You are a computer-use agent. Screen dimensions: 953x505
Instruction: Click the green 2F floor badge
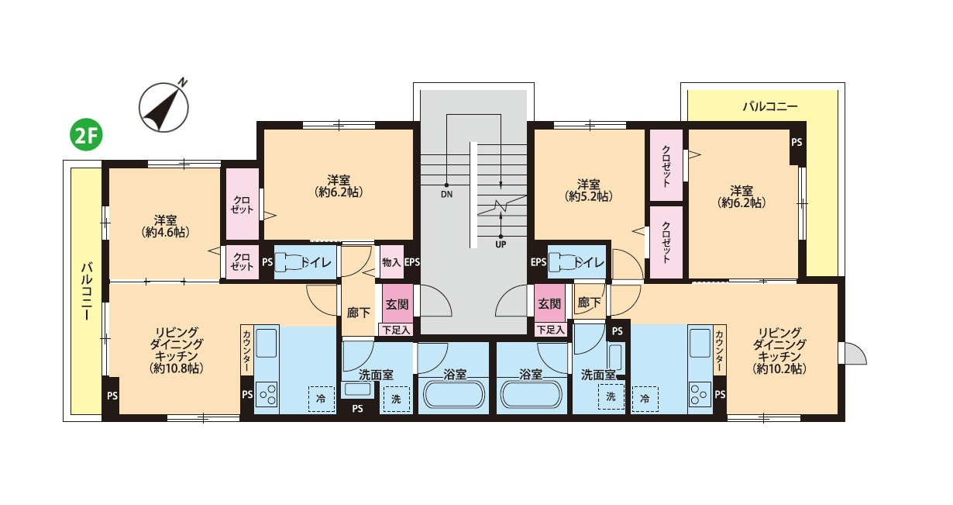[x=86, y=136]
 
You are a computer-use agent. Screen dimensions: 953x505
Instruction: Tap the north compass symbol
[x=163, y=106]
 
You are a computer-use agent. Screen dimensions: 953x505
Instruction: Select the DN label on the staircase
[x=447, y=195]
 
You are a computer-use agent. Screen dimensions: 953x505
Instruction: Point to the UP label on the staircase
[x=501, y=245]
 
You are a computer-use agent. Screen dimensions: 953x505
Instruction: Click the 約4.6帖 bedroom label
[x=166, y=227]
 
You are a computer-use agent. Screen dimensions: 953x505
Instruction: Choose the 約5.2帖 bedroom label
[x=589, y=190]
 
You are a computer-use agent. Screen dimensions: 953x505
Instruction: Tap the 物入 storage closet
[x=391, y=262]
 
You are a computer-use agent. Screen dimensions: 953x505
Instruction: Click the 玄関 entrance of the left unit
[x=397, y=304]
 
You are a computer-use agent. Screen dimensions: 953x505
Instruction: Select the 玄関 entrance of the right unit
[x=549, y=303]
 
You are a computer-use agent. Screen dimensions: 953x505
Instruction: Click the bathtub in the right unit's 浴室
[x=532, y=395]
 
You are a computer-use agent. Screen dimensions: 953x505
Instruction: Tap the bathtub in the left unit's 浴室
[x=454, y=395]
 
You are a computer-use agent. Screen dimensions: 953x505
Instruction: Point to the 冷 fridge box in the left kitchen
[x=322, y=399]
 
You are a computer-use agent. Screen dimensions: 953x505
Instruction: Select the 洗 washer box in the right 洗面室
[x=611, y=397]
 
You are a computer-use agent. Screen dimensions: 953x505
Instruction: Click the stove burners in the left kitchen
[x=267, y=395]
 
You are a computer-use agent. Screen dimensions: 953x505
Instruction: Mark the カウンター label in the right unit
[x=720, y=351]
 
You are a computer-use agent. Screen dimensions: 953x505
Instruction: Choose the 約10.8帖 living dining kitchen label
[x=176, y=350]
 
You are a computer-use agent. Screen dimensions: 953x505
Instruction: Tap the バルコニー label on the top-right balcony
[x=770, y=106]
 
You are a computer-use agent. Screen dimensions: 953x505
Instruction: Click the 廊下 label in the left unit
[x=358, y=313]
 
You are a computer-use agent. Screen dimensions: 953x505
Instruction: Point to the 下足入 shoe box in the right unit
[x=551, y=330]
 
